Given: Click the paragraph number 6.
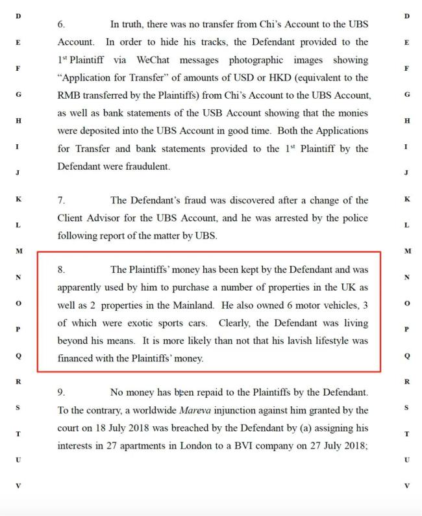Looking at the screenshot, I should point(61,24).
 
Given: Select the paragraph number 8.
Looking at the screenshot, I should point(61,269).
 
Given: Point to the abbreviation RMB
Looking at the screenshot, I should point(69,96).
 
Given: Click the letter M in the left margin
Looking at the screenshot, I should point(18,251).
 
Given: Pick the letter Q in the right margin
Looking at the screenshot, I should point(406,355).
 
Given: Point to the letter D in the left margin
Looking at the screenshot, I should point(18,16).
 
